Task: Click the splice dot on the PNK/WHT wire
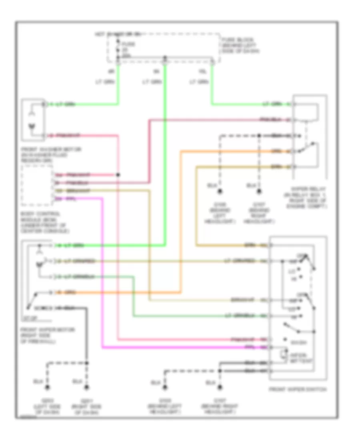tap(118, 175)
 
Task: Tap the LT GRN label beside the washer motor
tap(64, 105)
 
